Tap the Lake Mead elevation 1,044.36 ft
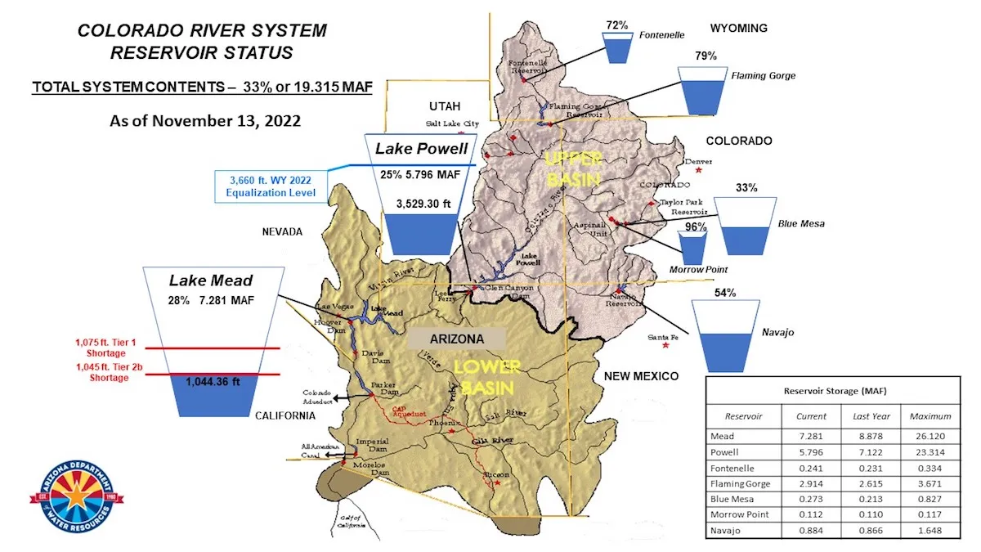[212, 381]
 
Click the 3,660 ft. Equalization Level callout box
[270, 187]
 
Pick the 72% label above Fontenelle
[617, 25]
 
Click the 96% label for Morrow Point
[695, 227]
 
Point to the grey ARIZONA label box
[457, 339]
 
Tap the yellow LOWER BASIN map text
[475, 376]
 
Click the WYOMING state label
[738, 28]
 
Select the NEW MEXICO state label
[641, 376]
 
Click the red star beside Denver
[697, 171]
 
